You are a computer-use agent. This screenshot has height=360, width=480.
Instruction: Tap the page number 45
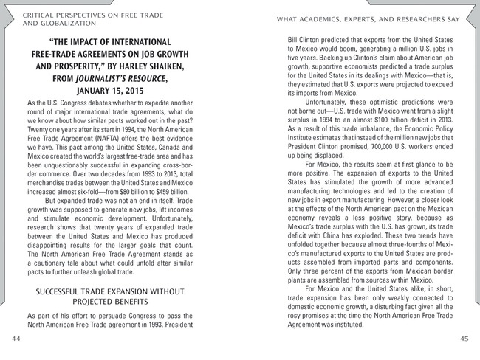tap(464, 338)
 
